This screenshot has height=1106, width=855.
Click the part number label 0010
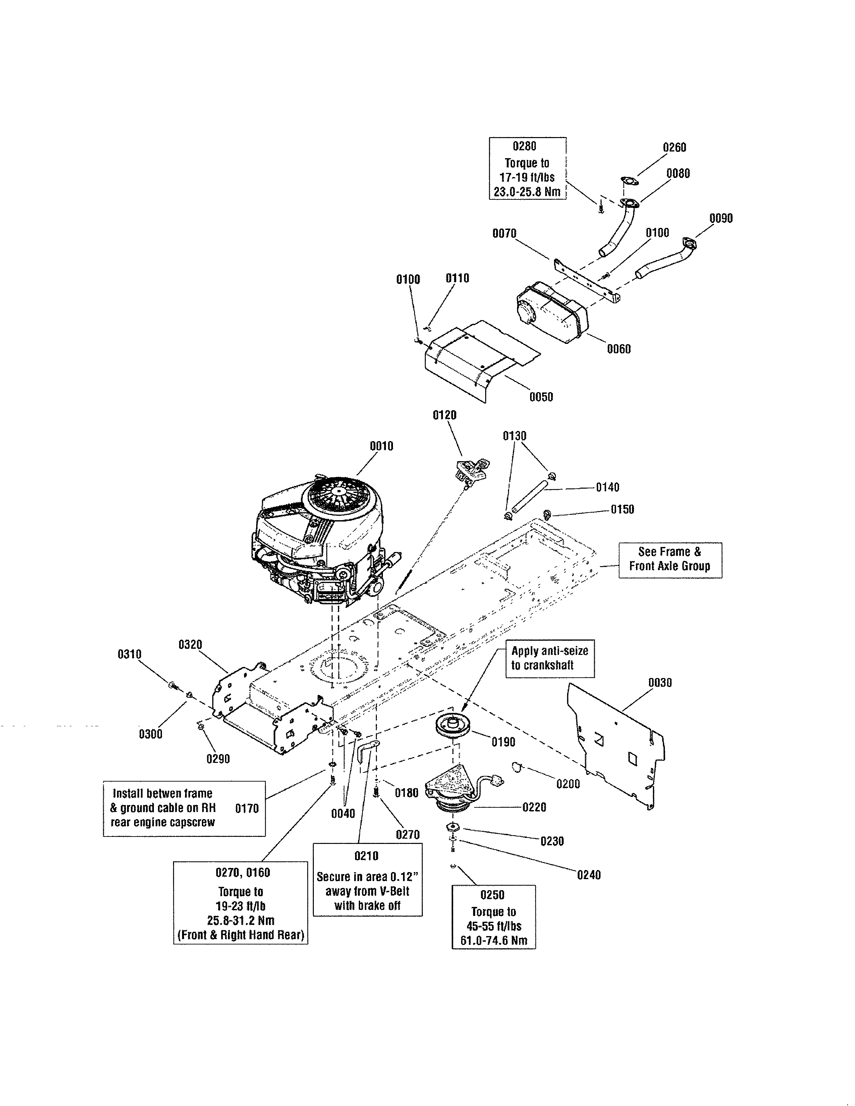click(381, 446)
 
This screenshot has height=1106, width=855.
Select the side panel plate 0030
click(615, 744)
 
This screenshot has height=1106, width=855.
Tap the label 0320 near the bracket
click(190, 644)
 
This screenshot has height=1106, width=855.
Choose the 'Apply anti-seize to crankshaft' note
click(550, 658)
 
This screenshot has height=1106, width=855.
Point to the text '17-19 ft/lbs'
click(527, 178)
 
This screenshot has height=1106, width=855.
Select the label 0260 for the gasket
click(674, 147)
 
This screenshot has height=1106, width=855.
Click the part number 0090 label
click(721, 218)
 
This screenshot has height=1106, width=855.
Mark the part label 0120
click(444, 415)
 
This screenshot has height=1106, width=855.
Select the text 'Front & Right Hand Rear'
click(241, 935)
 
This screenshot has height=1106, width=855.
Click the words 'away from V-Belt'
click(367, 891)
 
